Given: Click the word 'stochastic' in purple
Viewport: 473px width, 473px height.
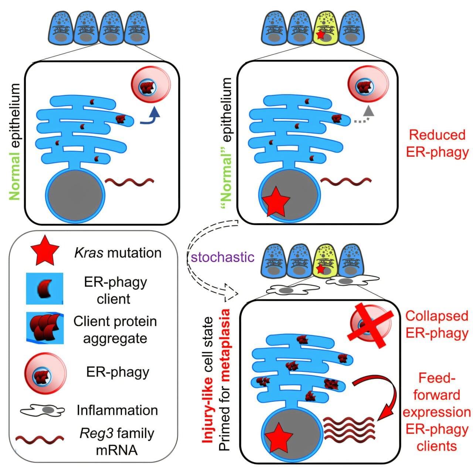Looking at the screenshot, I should click(x=222, y=257).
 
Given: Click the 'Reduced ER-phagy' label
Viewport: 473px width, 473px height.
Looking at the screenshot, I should click(x=437, y=143).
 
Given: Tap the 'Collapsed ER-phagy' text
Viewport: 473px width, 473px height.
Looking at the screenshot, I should click(x=437, y=324).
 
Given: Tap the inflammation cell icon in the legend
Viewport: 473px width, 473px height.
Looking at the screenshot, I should click(x=42, y=410).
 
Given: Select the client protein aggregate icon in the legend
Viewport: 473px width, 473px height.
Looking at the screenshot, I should click(x=45, y=328).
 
